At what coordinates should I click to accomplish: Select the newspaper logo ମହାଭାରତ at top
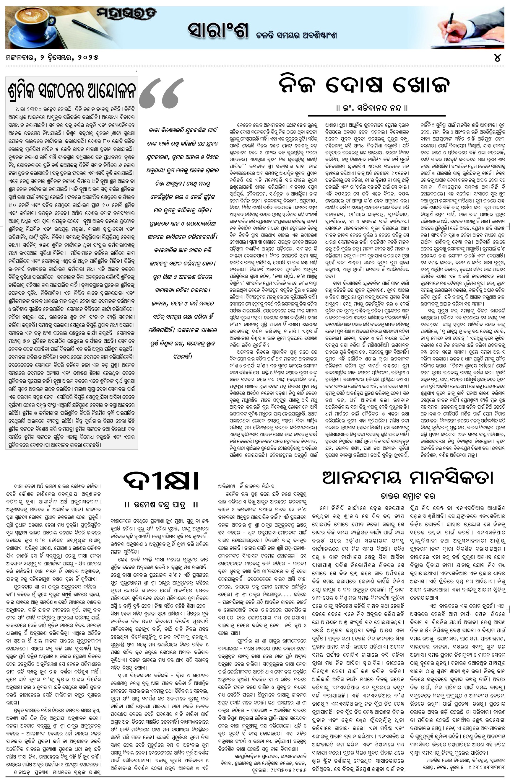(127, 14)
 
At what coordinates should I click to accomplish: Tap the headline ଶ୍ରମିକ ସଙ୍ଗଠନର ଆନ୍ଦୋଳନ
(72, 90)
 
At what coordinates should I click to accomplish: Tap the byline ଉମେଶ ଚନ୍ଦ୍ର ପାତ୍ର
(161, 504)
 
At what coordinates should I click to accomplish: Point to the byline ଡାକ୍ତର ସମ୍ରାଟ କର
(407, 496)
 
